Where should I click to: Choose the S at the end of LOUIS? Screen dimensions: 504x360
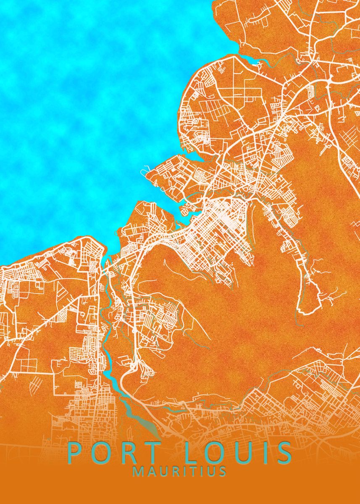(284, 453)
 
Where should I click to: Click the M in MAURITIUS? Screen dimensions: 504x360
(138, 472)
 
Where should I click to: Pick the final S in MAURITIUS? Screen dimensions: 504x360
(223, 472)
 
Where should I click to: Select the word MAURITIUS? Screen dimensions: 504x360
(180, 472)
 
